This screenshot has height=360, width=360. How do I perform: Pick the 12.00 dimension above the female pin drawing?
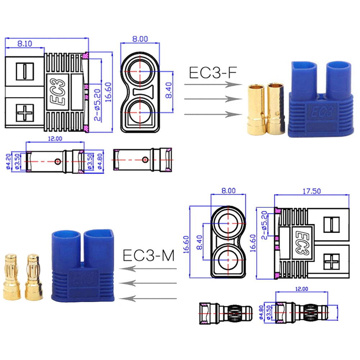coord(55,139)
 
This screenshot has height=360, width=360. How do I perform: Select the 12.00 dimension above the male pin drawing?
coord(302,289)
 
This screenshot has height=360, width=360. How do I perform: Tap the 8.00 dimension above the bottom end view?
coord(229,191)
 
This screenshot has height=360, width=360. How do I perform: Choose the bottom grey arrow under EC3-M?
coord(148,298)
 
